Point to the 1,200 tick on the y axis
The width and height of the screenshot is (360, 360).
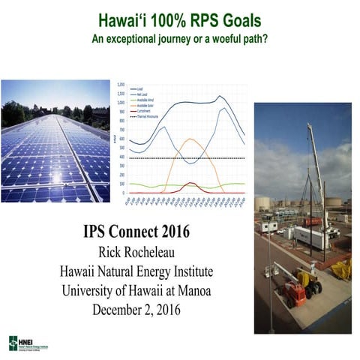[122, 85]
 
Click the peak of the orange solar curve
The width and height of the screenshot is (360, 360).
[190, 139]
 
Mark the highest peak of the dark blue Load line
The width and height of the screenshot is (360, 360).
[219, 96]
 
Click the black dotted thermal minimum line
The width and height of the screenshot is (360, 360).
[187, 158]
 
